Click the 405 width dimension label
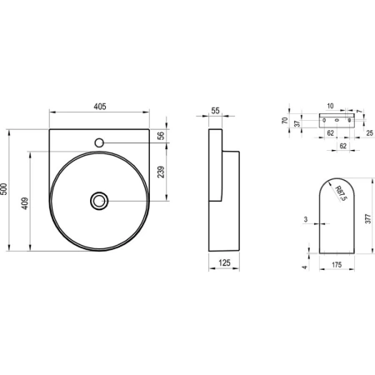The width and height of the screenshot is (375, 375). pyautogui.click(x=100, y=107)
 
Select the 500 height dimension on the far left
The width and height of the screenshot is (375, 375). pyautogui.click(x=4, y=189)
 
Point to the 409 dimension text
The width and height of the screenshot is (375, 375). pyautogui.click(x=25, y=203)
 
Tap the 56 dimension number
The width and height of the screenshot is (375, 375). pyautogui.click(x=161, y=135)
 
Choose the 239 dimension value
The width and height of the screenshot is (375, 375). pyautogui.click(x=161, y=172)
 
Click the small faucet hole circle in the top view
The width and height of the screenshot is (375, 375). pyautogui.click(x=99, y=142)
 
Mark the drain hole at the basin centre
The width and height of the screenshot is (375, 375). pyautogui.click(x=99, y=201)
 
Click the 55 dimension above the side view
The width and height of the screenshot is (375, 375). pyautogui.click(x=215, y=111)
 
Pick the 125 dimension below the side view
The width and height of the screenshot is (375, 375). pyautogui.click(x=224, y=262)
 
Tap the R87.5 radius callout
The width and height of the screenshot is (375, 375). pyautogui.click(x=341, y=193)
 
